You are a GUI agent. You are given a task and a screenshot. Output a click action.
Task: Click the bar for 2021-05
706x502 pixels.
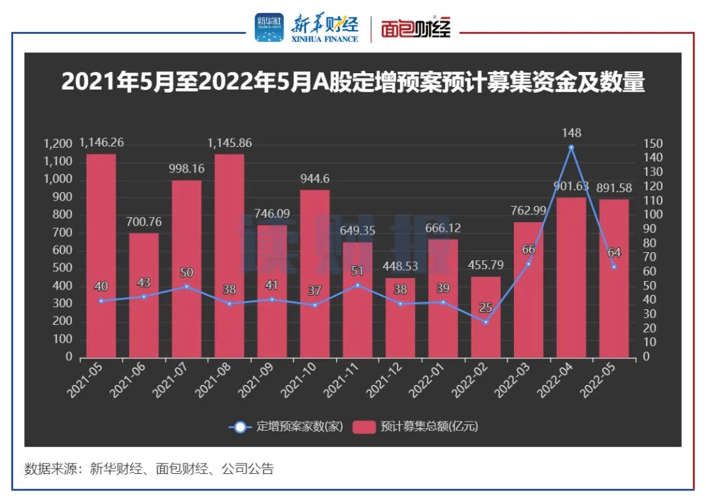tap(101, 256)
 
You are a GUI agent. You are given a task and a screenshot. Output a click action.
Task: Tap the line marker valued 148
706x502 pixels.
tap(571, 148)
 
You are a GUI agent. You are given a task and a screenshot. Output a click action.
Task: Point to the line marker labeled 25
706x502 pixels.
tap(486, 322)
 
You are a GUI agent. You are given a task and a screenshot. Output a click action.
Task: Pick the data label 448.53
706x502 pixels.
tap(400, 266)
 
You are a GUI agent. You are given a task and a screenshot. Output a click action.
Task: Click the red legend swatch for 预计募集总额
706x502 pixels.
tap(363, 427)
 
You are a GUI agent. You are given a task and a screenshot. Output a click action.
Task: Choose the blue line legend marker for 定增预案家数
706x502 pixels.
tap(241, 427)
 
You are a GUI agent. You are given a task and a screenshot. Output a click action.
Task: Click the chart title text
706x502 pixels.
tap(353, 83)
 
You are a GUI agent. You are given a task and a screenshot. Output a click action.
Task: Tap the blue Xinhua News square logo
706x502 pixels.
tap(269, 27)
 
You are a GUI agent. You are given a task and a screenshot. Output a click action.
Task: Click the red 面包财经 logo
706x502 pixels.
tap(416, 27)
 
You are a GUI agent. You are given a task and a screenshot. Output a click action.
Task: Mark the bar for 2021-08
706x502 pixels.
tap(229, 256)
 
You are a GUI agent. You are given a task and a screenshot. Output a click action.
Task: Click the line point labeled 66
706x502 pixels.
tap(528, 263)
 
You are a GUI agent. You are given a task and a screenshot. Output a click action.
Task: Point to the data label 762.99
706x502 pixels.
tap(528, 210)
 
